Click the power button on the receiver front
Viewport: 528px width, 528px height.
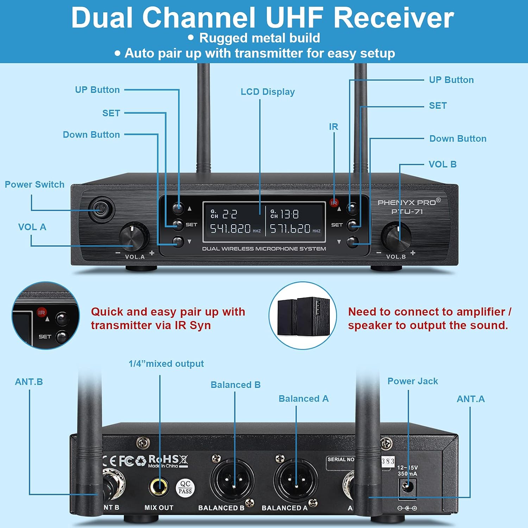[x=101, y=210]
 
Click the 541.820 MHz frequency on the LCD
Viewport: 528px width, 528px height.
[x=231, y=229]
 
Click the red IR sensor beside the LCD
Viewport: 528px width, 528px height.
[x=334, y=203]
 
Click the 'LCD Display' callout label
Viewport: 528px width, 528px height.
[x=268, y=92]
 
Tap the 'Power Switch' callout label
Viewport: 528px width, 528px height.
[x=34, y=184]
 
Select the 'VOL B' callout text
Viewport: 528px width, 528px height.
[x=442, y=164]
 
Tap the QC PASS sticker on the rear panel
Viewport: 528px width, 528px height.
[x=185, y=488]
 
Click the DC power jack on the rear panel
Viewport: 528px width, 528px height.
[x=408, y=488]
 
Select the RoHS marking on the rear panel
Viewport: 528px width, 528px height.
[x=164, y=459]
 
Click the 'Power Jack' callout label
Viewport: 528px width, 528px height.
[x=413, y=381]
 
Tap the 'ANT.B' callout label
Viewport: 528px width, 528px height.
[x=29, y=382]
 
